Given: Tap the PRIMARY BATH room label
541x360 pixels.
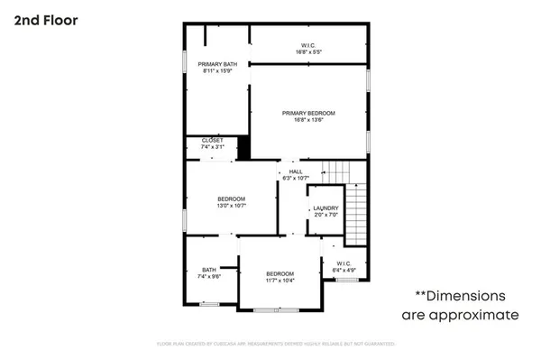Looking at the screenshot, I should click(x=216, y=64).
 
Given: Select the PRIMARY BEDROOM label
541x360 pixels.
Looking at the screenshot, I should click(x=308, y=113).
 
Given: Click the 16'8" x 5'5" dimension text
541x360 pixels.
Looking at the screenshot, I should click(x=308, y=52).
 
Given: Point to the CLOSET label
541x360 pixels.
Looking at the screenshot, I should click(x=212, y=140).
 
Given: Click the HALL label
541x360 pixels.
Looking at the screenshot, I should click(x=295, y=171).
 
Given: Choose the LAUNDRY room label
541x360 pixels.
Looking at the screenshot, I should click(x=326, y=208).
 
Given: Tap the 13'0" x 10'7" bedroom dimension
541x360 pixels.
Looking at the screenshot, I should click(x=231, y=206).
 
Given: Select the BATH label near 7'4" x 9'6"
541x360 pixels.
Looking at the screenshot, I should click(x=209, y=269).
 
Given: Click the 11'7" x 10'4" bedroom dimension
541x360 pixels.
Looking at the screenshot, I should click(x=280, y=281).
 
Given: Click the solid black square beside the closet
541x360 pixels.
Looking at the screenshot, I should click(x=243, y=147).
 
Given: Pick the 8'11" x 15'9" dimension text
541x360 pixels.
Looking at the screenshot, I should click(x=216, y=71).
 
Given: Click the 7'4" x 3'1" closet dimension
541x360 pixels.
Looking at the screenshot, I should click(x=212, y=147).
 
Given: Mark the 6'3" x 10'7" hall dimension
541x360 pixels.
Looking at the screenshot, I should click(x=295, y=178).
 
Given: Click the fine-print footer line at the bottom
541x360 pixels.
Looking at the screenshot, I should click(x=270, y=344).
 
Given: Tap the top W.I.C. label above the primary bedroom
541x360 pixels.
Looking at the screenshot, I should click(x=308, y=45).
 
